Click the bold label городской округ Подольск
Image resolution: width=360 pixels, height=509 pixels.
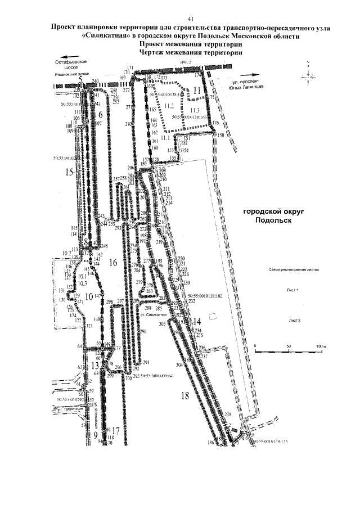[x=269, y=215]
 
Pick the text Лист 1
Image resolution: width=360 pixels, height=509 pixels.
[x=292, y=289]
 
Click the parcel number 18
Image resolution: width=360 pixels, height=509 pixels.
[x=185, y=395]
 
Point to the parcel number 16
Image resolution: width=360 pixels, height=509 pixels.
[x=112, y=262]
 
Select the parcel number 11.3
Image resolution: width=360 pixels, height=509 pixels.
[x=195, y=109]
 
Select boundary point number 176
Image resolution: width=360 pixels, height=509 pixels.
[x=215, y=123]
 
